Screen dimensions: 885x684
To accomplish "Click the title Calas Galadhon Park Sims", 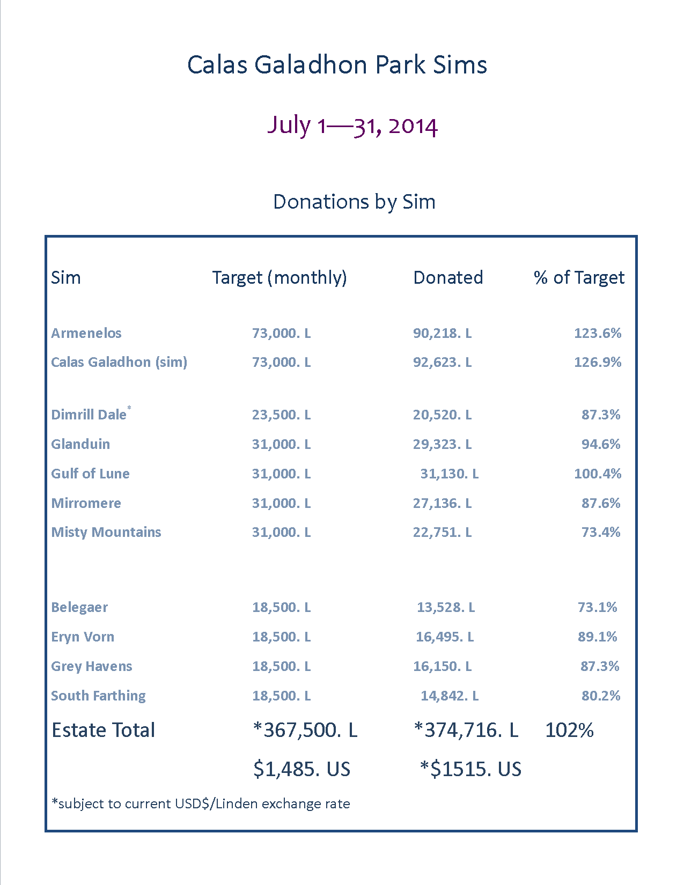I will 337,65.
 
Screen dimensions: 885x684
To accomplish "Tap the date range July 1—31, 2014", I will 352,126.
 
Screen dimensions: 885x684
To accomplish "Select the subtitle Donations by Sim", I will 354,202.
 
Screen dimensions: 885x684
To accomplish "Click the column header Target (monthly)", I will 280,277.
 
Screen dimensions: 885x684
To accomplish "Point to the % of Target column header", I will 579,277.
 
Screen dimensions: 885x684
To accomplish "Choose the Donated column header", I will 448,277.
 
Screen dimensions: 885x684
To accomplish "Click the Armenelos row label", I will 86,333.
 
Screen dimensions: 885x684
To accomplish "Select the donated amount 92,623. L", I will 442,362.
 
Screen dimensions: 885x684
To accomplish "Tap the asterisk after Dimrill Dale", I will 129,409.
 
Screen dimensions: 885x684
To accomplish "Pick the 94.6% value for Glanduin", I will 601,444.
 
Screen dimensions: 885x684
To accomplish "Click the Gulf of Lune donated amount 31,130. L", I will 449,474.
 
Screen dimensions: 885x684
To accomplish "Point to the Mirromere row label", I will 86,503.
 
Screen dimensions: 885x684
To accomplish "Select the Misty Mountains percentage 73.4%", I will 601,532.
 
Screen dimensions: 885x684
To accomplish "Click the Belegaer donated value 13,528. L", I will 446,607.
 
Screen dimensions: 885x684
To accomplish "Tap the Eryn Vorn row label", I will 83,637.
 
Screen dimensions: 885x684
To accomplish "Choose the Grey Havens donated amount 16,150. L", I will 442,666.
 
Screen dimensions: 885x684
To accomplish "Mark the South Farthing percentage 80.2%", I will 601,696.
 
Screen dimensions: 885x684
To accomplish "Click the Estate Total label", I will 103,730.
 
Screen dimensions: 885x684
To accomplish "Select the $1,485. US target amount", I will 301,769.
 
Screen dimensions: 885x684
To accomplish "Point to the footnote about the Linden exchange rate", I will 201,803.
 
